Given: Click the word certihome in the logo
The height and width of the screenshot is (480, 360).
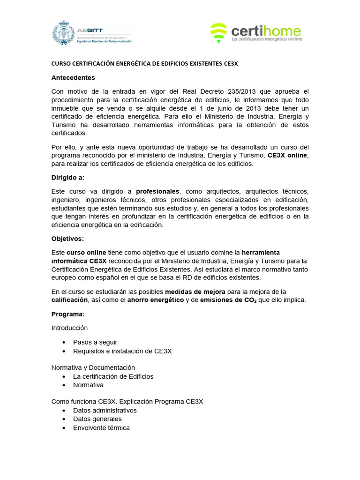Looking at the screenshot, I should click(x=266, y=31).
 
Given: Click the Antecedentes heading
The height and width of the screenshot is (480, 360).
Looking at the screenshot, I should click(x=73, y=77).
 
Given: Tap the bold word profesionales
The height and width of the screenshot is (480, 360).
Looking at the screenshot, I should click(x=157, y=191).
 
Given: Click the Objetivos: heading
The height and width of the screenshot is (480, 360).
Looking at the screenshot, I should click(x=67, y=239).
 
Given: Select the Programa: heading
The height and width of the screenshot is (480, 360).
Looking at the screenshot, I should click(x=67, y=314).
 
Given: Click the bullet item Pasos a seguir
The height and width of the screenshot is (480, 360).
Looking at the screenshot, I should click(x=95, y=342).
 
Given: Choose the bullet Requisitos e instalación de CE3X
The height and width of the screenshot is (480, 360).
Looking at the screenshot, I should click(x=122, y=351).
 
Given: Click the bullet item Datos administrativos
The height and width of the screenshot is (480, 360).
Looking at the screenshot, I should click(x=105, y=410).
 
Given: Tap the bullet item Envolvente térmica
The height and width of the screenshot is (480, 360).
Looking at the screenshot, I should click(x=101, y=427).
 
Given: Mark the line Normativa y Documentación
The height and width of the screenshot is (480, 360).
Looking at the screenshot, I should click(x=93, y=367).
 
